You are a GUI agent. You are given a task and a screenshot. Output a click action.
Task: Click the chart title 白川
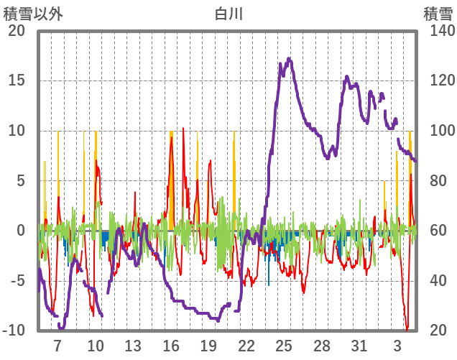(x=229, y=13)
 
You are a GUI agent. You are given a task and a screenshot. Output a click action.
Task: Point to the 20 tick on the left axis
(x=17, y=31)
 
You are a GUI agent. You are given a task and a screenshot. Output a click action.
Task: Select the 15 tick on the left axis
(x=17, y=80)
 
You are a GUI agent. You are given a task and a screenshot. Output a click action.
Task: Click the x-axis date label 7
(x=57, y=345)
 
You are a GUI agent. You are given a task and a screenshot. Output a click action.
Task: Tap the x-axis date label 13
(x=133, y=345)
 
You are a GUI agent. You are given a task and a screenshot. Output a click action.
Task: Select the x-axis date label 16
(x=171, y=345)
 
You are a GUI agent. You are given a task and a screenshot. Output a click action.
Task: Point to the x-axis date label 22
(x=246, y=345)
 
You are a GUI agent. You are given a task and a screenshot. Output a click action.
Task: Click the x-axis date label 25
(x=284, y=345)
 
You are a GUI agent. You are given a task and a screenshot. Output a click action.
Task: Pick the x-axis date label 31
(x=359, y=345)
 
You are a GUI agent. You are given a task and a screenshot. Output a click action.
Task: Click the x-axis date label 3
(x=397, y=345)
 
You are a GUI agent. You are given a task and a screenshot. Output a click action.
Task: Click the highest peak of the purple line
(x=290, y=59)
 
